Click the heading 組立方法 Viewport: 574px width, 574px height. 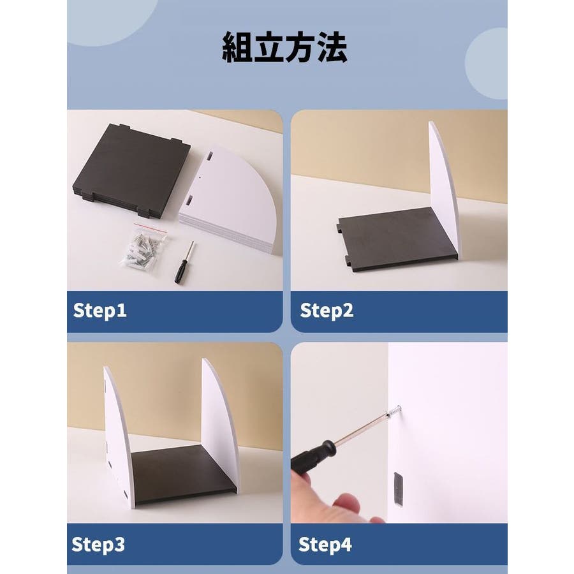284,47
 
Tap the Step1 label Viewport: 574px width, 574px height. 99,311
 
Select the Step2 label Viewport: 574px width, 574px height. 327,311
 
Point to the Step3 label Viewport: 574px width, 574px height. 98,545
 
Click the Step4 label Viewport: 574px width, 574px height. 325,545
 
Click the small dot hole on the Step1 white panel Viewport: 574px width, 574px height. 200,177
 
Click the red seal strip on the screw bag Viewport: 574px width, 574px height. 151,226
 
